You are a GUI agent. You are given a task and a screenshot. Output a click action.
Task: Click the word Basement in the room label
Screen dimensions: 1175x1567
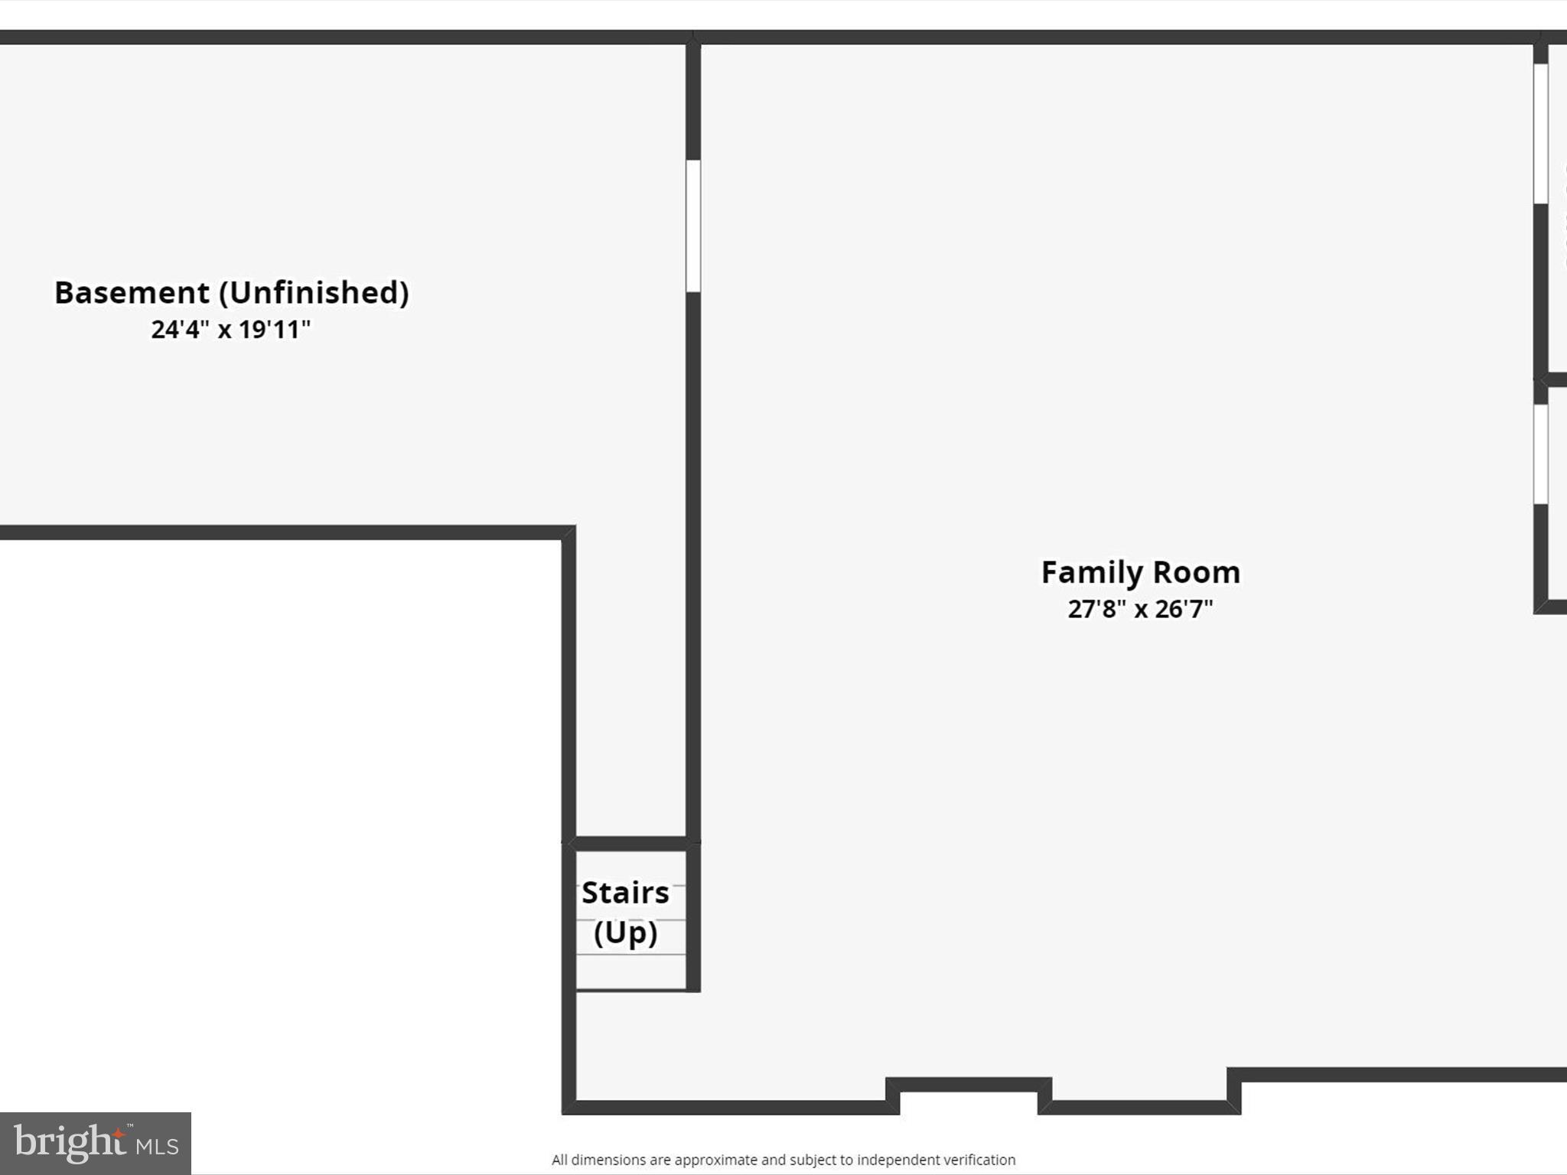click(132, 293)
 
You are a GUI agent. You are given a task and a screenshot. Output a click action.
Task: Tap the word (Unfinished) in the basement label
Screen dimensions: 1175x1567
click(314, 293)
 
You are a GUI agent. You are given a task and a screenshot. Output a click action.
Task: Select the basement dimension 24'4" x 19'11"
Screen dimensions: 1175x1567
click(230, 330)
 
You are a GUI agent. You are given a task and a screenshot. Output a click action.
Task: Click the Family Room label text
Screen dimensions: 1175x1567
click(1140, 573)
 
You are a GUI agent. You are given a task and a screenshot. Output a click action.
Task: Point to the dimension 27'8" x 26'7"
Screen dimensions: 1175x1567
click(1140, 610)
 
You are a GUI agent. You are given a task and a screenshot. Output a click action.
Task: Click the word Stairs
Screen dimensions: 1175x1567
click(625, 893)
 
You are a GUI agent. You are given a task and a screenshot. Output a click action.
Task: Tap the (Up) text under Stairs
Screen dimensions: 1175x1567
click(625, 933)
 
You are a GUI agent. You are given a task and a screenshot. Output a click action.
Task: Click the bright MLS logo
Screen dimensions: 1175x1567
click(96, 1143)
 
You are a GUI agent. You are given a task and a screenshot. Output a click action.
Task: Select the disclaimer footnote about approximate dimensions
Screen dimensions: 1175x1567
click(783, 1160)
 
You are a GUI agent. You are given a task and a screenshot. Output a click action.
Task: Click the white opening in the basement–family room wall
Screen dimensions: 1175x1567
click(693, 226)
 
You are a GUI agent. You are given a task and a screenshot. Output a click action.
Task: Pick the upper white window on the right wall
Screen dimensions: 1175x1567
click(1541, 134)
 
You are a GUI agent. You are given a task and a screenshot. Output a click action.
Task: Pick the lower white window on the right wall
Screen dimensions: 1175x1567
click(1541, 454)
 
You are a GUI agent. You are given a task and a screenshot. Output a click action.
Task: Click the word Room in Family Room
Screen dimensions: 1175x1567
click(1197, 573)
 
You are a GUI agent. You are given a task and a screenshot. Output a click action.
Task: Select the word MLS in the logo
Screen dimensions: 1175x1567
click(158, 1146)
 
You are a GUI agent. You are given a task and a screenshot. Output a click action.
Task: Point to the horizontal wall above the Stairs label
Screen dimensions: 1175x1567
click(630, 844)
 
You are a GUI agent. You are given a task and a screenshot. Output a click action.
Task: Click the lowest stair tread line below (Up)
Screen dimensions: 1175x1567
click(630, 955)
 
